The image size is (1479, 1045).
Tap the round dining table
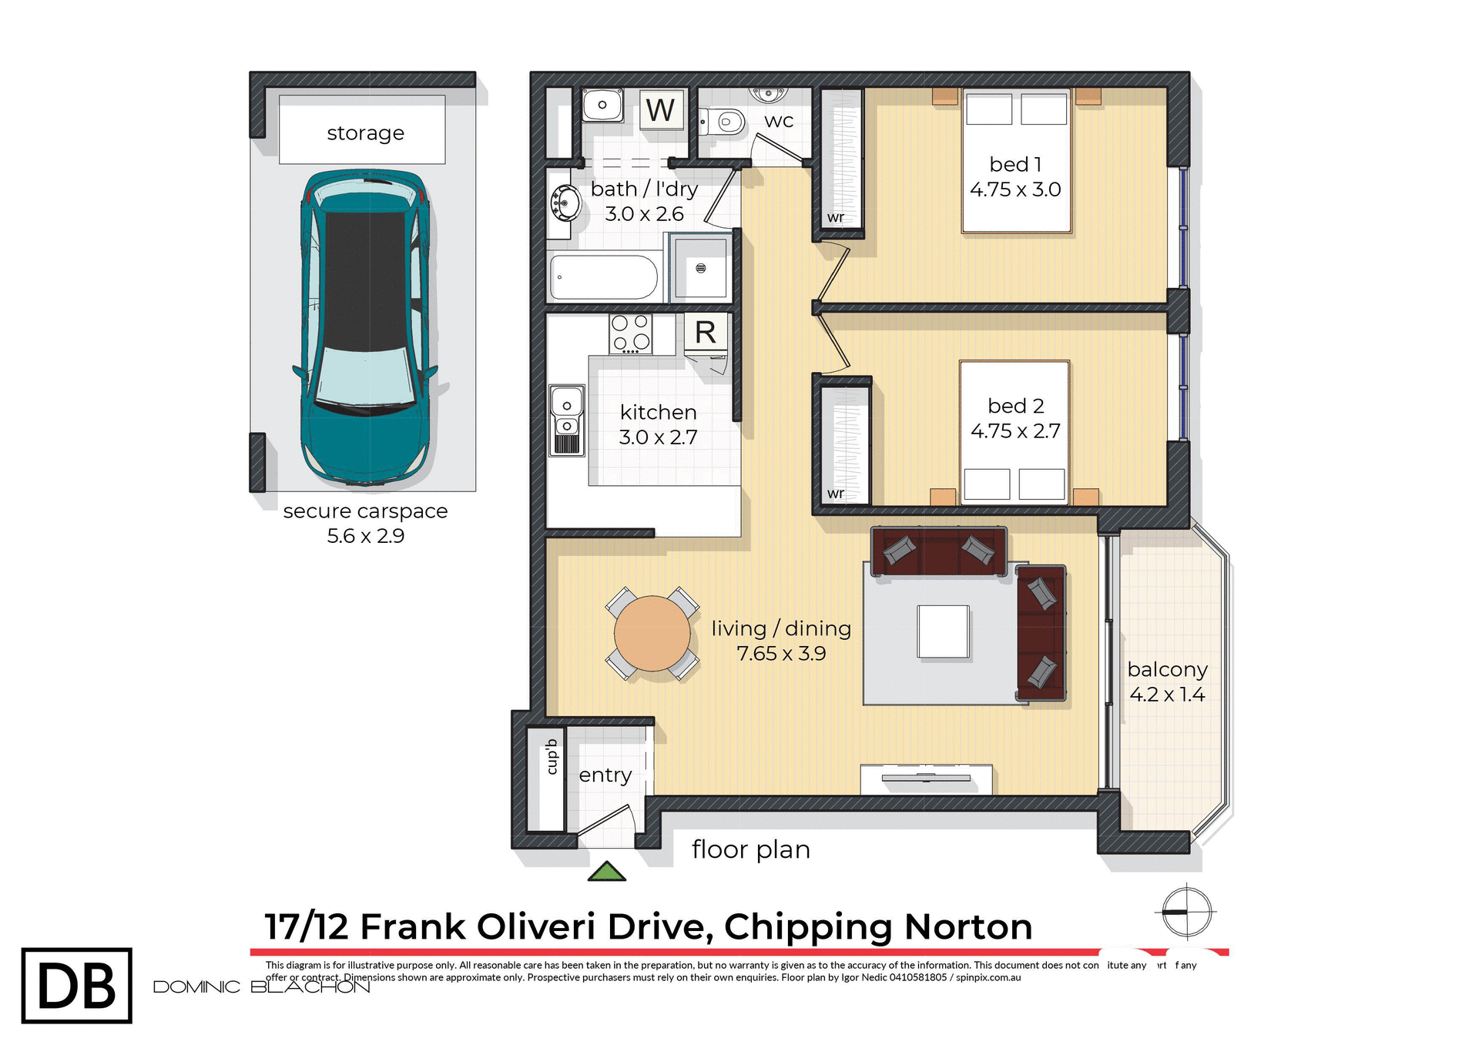coord(652,633)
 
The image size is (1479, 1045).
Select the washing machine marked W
coord(661,110)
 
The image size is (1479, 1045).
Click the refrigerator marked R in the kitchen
coord(706,333)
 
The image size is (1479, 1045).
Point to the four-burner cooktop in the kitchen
coord(630,333)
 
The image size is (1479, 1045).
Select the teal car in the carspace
coord(364,327)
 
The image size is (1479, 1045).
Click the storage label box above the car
coord(362,130)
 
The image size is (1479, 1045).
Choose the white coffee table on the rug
coord(943,631)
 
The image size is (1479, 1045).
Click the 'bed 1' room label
coord(1015,164)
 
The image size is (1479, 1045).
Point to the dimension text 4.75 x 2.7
coord(1015,431)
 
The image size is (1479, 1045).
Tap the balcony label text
coord(1167,669)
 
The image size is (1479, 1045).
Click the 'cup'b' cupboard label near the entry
coord(552,757)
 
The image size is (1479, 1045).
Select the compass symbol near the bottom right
coord(1186,912)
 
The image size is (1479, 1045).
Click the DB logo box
coord(77,986)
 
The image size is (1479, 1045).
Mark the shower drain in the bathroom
coord(700,268)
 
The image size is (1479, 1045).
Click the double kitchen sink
coord(566,420)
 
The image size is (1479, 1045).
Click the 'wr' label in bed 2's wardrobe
coord(836,494)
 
